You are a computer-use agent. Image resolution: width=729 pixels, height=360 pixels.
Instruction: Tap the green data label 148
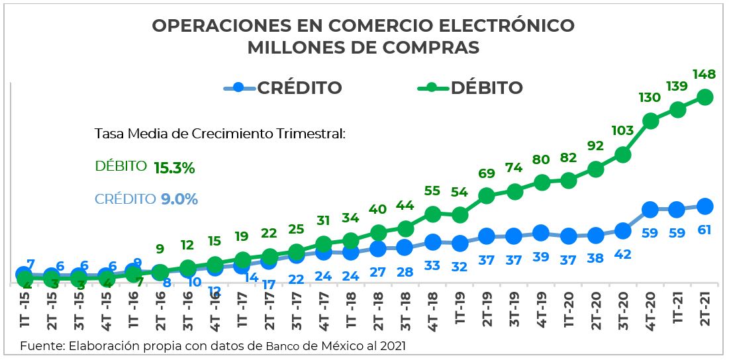703,75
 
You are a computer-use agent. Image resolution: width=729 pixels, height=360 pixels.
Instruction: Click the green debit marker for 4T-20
650,121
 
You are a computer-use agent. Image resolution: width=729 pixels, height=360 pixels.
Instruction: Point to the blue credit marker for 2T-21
705,206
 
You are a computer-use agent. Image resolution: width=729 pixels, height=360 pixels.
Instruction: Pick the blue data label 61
705,230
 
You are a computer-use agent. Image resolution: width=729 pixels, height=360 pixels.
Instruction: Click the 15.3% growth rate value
174,168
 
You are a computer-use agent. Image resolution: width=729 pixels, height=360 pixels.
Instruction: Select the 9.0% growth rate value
179,199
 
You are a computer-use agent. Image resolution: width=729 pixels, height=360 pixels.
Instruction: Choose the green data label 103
622,131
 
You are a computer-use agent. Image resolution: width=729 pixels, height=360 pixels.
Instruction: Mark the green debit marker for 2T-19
487,196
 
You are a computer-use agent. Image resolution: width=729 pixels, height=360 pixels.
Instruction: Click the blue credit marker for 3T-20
622,231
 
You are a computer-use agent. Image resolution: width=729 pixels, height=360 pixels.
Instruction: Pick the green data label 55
432,191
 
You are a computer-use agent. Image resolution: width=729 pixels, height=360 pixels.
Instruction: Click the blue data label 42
622,255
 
